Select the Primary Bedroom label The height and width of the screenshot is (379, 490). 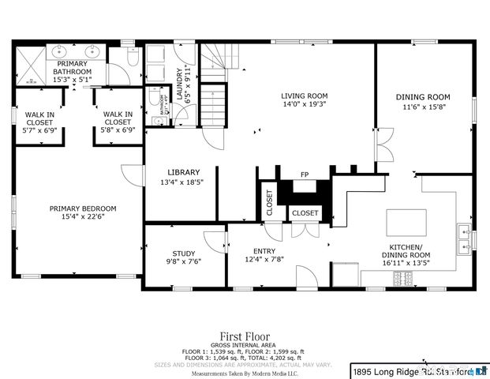pos(83,208)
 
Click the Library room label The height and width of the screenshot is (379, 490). pos(183,172)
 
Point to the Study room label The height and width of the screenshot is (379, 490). pos(183,253)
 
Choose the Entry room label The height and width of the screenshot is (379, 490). pos(264,250)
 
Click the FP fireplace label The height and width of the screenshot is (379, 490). pos(304,174)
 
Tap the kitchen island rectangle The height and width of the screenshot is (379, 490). pos(406,219)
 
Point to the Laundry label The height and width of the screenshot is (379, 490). pos(179,83)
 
